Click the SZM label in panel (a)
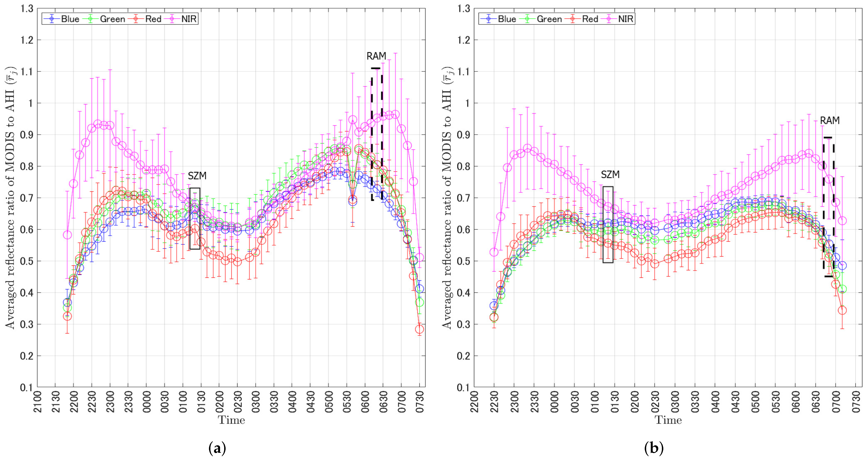(197, 176)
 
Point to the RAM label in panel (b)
(830, 121)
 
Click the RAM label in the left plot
(376, 56)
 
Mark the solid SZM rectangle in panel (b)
(608, 224)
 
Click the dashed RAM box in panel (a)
(377, 134)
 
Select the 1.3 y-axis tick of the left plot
(27, 8)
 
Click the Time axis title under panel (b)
(668, 420)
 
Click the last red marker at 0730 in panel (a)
(420, 329)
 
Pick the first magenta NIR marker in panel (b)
(494, 252)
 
